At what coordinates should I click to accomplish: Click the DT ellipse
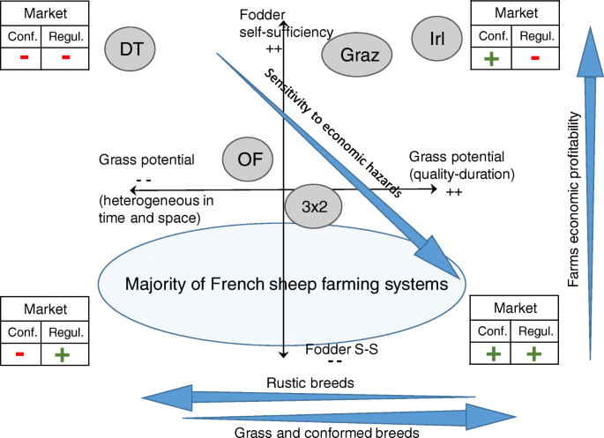(x=129, y=47)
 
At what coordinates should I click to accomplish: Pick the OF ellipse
(x=249, y=159)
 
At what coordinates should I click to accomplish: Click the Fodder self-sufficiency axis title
(x=285, y=25)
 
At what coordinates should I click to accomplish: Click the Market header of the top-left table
(x=44, y=13)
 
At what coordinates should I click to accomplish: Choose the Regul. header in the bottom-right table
(x=535, y=331)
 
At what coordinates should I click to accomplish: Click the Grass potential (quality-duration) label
(x=461, y=166)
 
